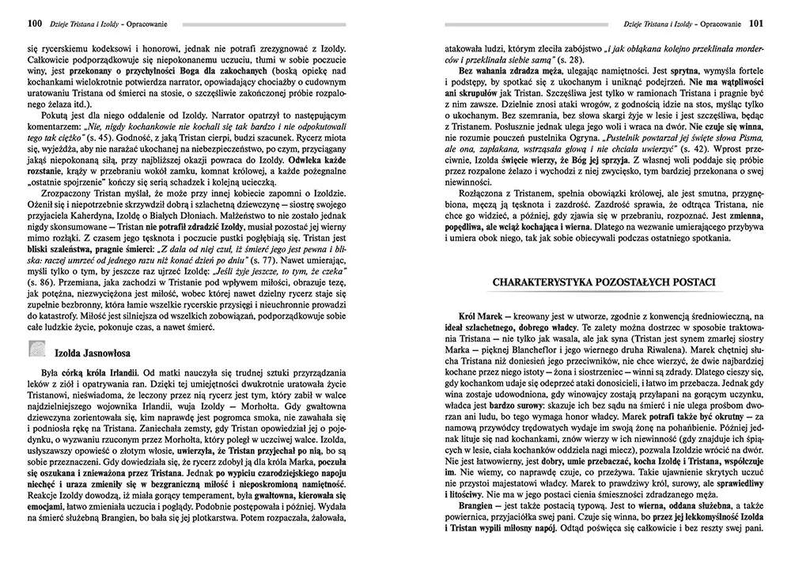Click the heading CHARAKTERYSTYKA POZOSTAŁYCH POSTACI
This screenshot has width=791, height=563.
click(604, 282)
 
